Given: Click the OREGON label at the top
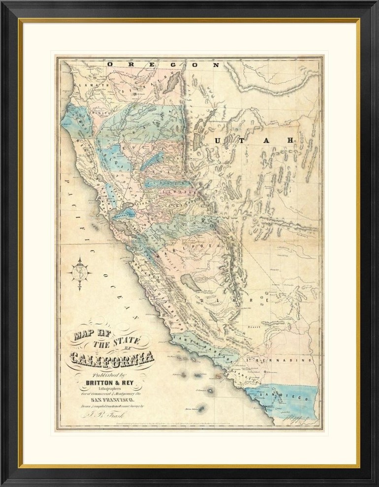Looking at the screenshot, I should pos(163,64).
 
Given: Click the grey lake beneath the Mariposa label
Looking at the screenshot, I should pos(189,282).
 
